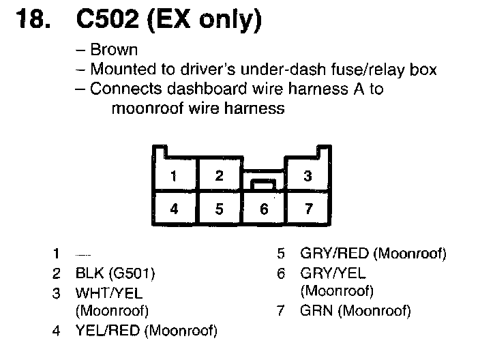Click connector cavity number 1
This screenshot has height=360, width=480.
pos(174,177)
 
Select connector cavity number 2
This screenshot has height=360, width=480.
pos(219,176)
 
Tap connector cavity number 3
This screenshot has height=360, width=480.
pos(308,177)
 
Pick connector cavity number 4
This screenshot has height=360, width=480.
pos(174,209)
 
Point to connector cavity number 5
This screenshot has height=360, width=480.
pos(219,209)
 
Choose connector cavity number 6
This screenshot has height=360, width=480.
pos(264,209)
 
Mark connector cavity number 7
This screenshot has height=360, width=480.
pos(308,209)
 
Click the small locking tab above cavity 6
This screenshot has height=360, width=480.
pos(264,184)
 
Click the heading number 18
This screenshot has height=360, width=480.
pos(31,20)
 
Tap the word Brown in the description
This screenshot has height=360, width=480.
pos(114,50)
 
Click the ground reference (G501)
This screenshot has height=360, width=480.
pos(132,274)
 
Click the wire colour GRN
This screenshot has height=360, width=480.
pos(316,312)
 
